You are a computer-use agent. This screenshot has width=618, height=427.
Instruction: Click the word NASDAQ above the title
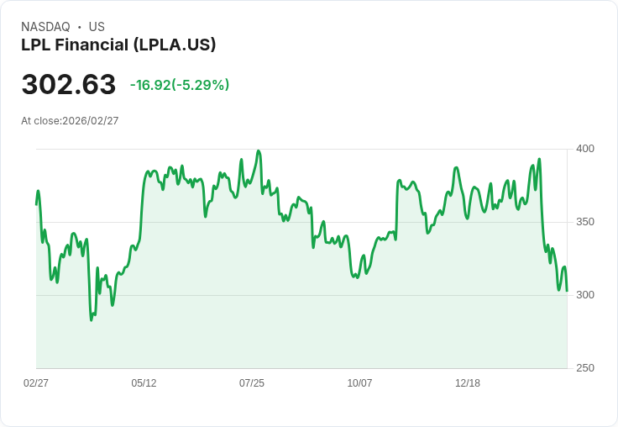45,27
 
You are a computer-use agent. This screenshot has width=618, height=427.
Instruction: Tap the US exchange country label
97,27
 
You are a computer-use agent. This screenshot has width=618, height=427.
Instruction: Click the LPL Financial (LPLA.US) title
118,45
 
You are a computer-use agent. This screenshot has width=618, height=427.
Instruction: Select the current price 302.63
69,85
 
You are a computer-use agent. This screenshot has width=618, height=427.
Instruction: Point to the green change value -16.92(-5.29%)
180,85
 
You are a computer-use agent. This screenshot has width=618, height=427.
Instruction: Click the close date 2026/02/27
91,121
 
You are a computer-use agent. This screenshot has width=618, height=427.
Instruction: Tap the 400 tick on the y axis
585,149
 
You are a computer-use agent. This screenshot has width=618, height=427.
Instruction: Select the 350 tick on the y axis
585,222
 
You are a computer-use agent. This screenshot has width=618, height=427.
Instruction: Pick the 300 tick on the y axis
585,295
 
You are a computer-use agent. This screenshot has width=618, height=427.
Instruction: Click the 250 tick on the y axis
585,368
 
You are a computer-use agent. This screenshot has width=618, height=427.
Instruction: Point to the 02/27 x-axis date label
36,383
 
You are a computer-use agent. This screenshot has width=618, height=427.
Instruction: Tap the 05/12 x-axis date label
144,383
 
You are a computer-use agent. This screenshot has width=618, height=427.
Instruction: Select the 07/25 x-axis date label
252,383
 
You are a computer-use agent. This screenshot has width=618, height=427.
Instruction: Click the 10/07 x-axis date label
359,383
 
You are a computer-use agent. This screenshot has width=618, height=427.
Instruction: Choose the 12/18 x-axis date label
468,383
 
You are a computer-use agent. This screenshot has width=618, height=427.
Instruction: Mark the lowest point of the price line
92,320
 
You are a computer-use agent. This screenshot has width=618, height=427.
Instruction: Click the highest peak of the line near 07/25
259,151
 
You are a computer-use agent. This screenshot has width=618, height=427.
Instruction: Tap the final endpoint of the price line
567,291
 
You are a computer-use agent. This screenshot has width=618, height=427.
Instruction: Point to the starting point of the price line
36,204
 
